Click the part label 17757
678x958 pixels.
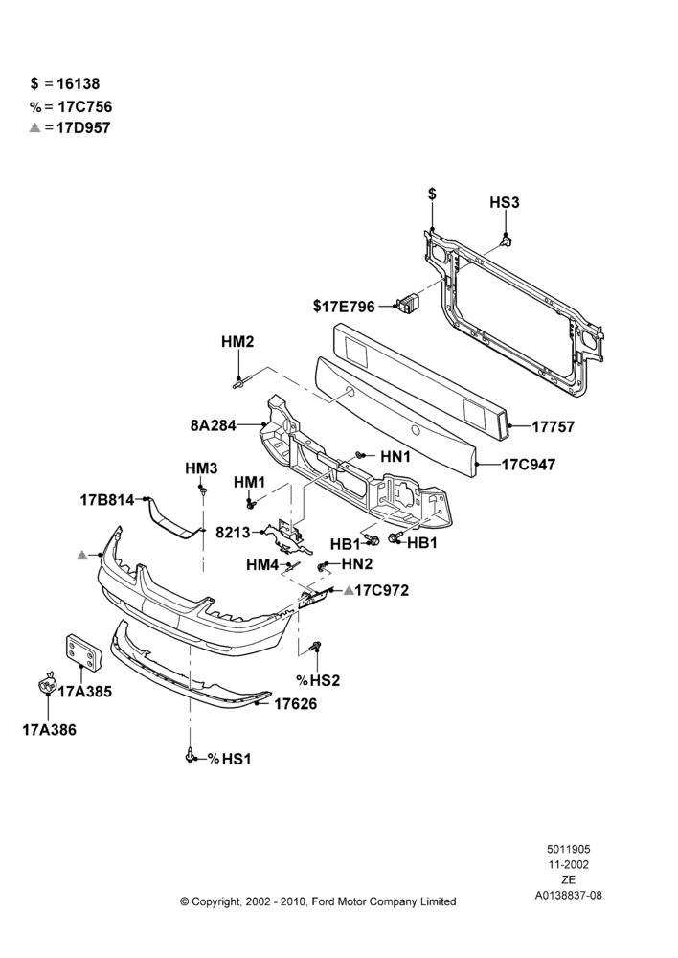[553, 426]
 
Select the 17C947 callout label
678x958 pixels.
[529, 465]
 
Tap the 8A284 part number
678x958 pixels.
[213, 425]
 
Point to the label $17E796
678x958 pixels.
[344, 307]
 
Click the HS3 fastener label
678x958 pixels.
[505, 202]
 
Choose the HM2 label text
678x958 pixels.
[237, 342]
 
